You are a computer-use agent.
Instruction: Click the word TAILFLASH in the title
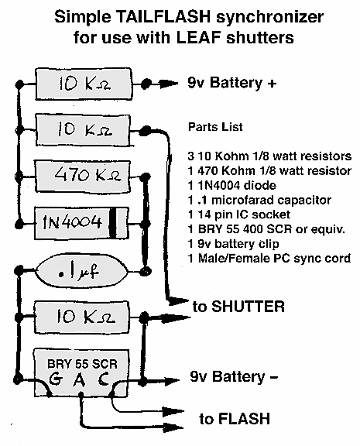point(163,17)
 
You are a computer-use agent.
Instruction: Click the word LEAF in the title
point(199,37)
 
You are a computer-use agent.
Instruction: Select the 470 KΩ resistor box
point(83,176)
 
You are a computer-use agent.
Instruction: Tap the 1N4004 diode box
point(81,223)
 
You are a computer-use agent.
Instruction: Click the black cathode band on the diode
point(113,223)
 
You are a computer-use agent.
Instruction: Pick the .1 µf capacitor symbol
point(81,271)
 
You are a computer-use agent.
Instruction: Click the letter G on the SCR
point(55,379)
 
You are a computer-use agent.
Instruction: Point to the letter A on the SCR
point(79,379)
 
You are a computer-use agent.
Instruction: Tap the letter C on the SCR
point(103,379)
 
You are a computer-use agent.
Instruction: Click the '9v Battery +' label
point(231,83)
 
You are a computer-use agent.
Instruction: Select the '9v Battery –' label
point(234,376)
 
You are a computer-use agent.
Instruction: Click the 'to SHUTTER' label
point(238,307)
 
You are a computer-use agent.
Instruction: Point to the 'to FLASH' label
point(235,418)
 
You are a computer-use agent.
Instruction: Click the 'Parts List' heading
point(215,127)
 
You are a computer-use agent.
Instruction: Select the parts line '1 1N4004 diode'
point(231,186)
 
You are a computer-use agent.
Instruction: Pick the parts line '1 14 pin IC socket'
point(239,214)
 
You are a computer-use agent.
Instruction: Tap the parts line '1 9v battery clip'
point(233,244)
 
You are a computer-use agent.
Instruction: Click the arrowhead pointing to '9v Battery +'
point(168,84)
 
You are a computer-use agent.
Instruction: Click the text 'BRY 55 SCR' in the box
point(82,364)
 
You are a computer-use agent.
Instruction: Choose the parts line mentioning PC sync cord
point(269,259)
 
